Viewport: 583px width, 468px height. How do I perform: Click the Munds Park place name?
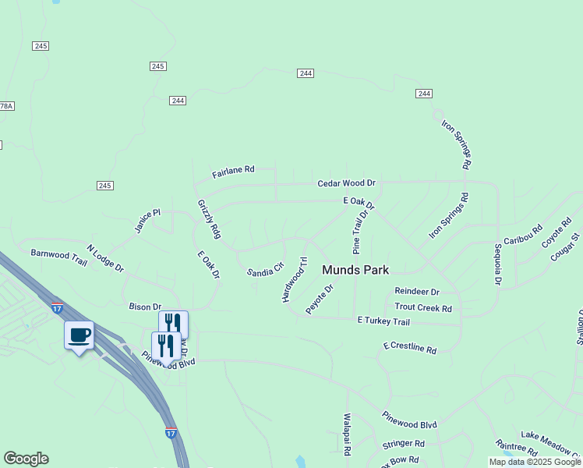click(x=355, y=270)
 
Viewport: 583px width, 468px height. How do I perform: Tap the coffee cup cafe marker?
click(x=79, y=335)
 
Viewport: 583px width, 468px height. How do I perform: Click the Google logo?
click(x=26, y=459)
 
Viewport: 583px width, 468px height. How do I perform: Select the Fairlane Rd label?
click(x=233, y=169)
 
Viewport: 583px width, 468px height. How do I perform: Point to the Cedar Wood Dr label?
click(x=346, y=183)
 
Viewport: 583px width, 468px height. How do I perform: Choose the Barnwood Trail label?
click(x=59, y=255)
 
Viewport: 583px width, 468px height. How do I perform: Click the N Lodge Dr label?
click(x=105, y=258)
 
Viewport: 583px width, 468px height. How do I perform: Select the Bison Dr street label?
click(x=145, y=307)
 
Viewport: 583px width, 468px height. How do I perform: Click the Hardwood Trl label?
click(x=295, y=279)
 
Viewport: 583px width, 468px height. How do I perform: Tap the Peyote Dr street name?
click(x=320, y=300)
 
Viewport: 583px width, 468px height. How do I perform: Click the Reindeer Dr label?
click(x=417, y=292)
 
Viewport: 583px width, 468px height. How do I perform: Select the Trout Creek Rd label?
click(x=423, y=308)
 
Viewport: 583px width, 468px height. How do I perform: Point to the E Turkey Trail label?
click(x=383, y=321)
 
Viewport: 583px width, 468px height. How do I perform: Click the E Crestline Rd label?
click(x=410, y=347)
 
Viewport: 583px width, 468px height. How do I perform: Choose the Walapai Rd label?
click(x=348, y=434)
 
